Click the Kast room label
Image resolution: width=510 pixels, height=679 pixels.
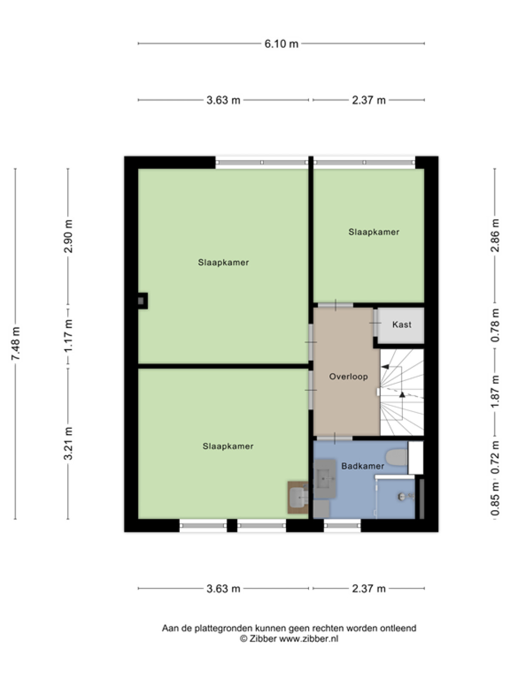tap(402, 325)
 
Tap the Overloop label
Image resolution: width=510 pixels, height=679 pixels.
tap(348, 376)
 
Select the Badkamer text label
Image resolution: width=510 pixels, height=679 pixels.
tap(363, 466)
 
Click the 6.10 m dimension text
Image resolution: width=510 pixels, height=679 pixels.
tap(281, 44)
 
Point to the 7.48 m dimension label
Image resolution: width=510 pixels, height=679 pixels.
tap(15, 343)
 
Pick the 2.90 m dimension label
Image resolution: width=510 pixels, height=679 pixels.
tap(68, 236)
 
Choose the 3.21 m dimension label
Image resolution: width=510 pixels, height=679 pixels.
tap(68, 443)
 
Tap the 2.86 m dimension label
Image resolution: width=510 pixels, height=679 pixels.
tap(495, 236)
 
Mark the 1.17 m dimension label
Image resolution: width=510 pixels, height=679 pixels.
tap(68, 339)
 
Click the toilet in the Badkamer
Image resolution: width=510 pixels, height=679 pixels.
tap(397, 457)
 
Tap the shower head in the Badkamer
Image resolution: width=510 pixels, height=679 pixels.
tap(401, 497)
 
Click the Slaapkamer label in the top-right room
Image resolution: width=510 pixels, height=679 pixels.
tap(374, 232)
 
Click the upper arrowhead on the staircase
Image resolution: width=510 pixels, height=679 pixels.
tap(385, 367)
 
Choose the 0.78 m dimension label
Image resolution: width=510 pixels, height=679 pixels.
tap(495, 325)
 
